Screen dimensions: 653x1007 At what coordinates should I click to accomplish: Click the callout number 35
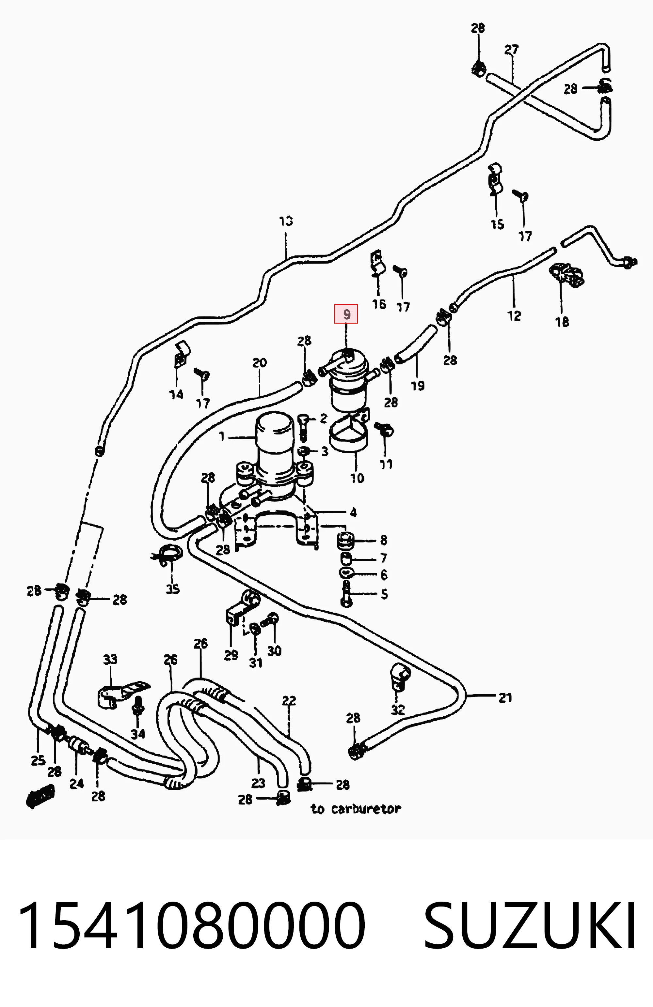pos(172,589)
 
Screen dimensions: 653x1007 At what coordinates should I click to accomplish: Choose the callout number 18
pos(562,322)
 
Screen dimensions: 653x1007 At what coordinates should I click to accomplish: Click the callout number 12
pos(514,316)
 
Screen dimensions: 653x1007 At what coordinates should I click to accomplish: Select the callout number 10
pos(357,478)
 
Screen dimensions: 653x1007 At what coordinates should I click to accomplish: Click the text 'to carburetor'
pos(356,809)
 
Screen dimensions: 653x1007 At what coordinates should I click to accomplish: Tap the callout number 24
pos(77,784)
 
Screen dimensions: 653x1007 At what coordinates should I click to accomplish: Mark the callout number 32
pos(398,709)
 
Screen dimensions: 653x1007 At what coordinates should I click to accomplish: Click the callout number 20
pos(260,363)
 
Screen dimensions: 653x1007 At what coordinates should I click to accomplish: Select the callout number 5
pos(384,594)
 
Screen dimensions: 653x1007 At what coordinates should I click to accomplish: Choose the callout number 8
pos(384,540)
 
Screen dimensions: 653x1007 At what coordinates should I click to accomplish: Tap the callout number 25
pos(38,760)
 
